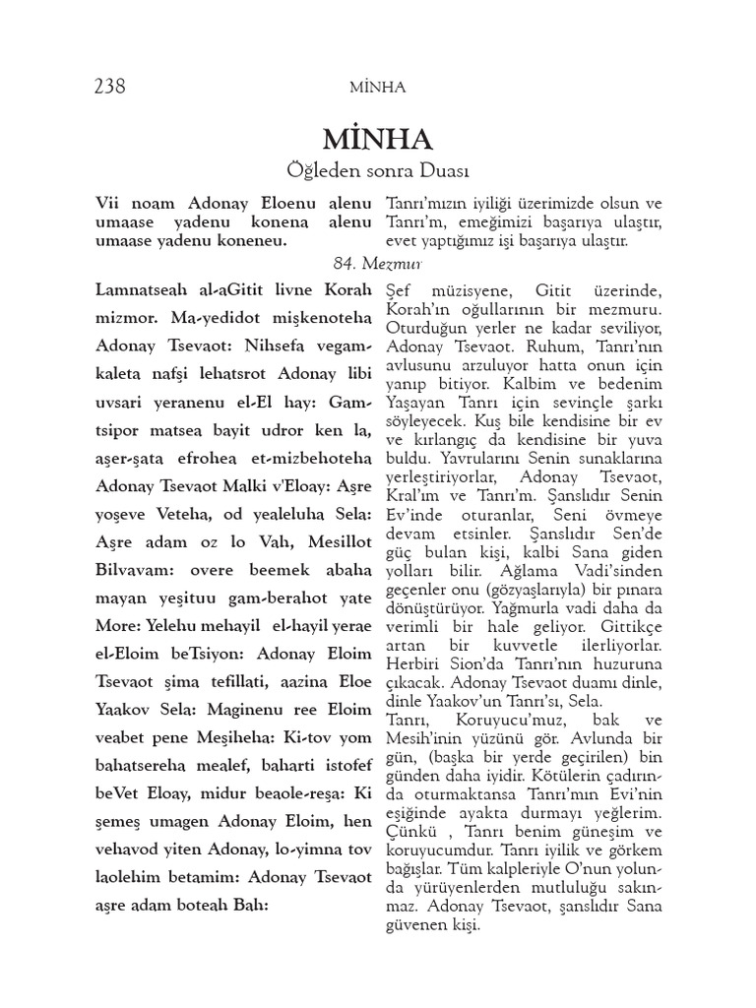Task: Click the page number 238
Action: [x=109, y=86]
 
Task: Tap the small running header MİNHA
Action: [x=377, y=87]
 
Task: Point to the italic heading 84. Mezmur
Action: [x=377, y=263]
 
